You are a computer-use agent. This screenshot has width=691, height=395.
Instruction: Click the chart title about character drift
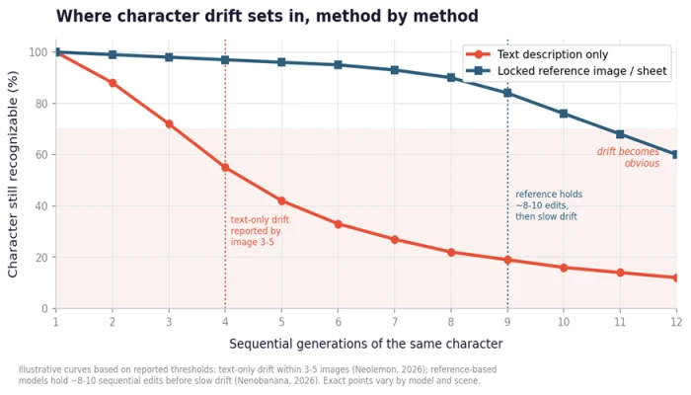[268, 16]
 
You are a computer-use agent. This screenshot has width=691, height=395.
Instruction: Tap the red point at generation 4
[225, 168]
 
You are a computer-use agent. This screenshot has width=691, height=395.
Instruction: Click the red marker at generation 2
[113, 83]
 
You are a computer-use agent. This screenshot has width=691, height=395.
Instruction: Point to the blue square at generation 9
[507, 93]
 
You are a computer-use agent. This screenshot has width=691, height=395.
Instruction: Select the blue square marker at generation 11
[620, 134]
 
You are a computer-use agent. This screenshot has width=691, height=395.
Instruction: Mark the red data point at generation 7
[395, 239]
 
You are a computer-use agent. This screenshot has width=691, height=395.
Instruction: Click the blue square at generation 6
[338, 65]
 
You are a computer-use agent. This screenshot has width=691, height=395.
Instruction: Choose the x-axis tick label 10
[564, 322]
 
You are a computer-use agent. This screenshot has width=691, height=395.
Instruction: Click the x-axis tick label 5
[281, 322]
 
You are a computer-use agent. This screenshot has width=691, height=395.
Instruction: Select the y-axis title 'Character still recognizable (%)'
[13, 174]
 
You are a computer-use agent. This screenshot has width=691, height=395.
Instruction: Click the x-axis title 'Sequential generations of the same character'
[366, 344]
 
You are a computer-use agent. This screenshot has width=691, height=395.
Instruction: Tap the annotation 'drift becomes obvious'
[629, 157]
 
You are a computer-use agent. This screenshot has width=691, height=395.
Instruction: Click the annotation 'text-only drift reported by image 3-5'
[260, 231]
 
